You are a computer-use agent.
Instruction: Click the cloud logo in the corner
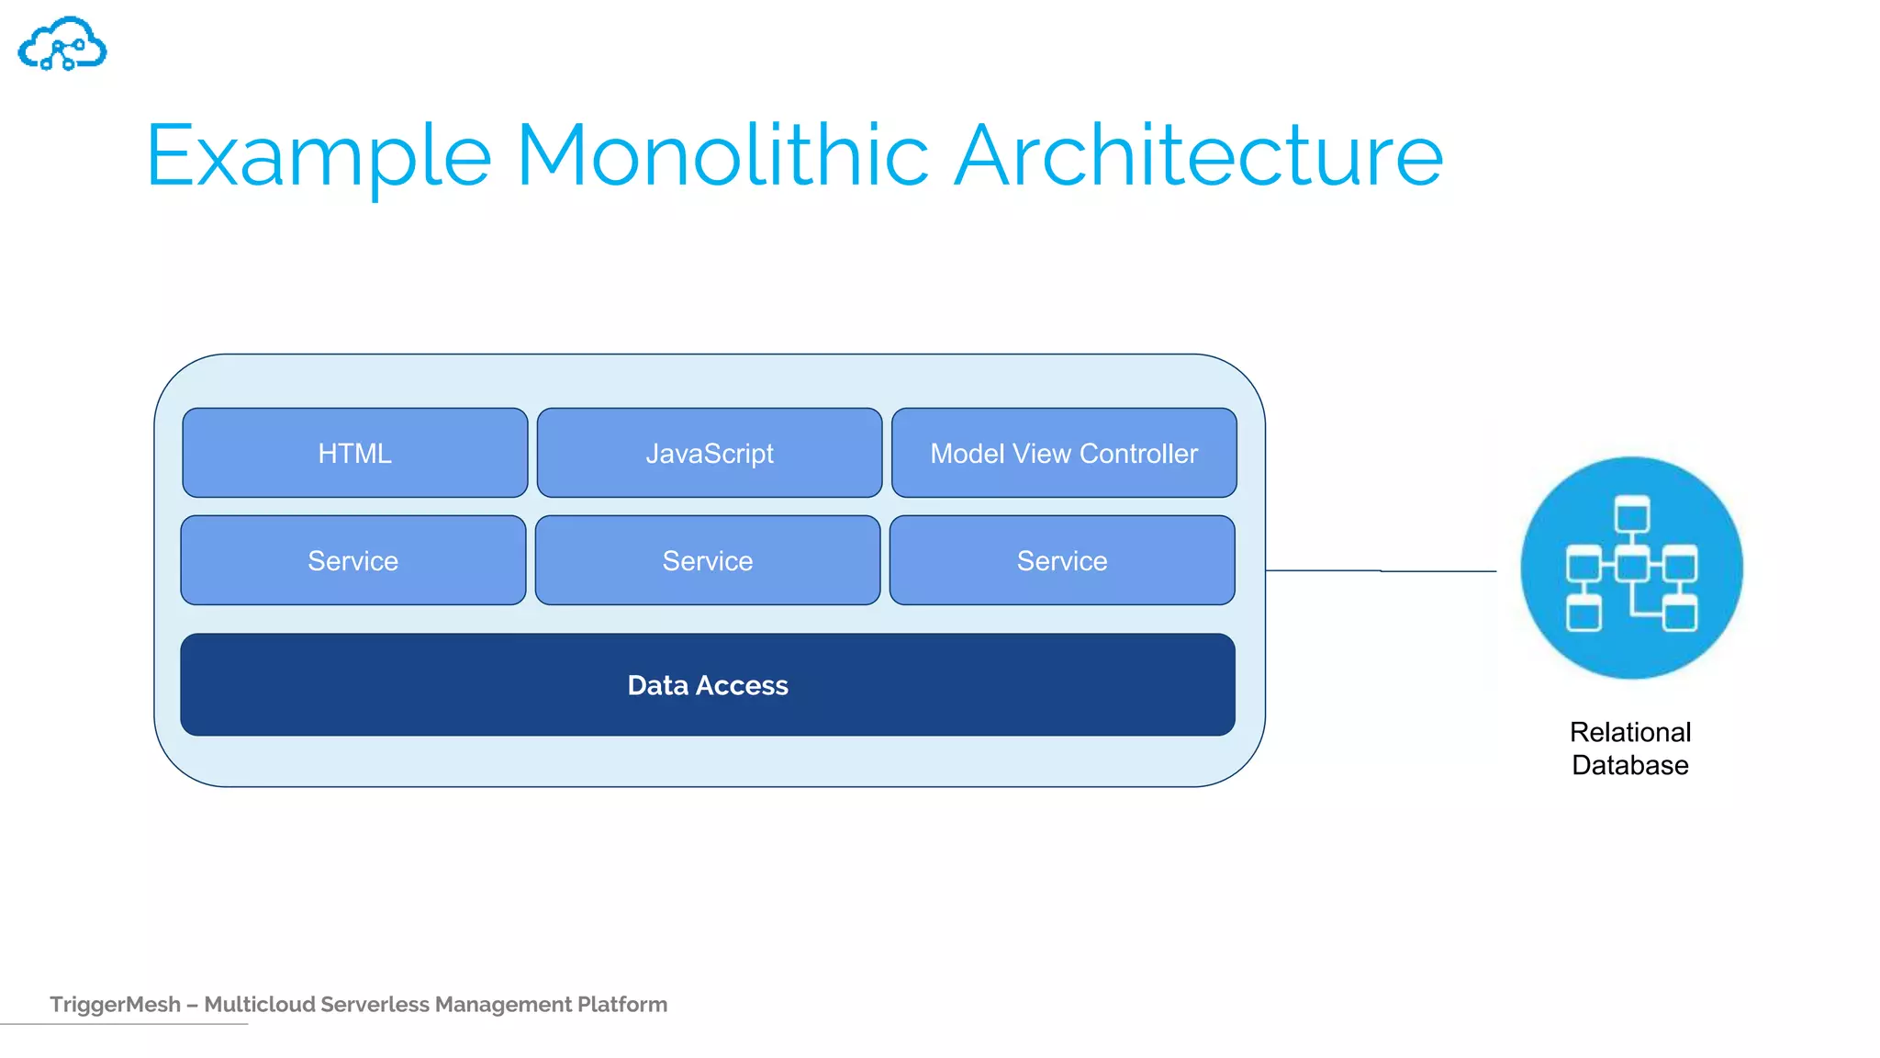click(62, 44)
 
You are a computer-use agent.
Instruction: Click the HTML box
click(354, 453)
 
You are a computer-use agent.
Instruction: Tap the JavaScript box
click(709, 453)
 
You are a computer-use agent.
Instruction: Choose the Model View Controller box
click(1063, 453)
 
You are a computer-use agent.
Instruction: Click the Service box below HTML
click(352, 560)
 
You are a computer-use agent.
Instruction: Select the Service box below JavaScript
click(707, 560)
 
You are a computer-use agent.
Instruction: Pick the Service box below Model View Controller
click(1062, 560)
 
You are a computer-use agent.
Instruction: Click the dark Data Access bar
click(459, 685)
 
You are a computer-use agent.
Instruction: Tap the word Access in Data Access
click(742, 685)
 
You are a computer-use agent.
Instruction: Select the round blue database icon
click(1631, 568)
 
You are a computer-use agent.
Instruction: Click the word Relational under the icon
click(1629, 732)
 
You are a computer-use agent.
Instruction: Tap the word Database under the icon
click(1629, 765)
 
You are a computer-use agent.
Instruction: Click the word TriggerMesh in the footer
click(115, 1004)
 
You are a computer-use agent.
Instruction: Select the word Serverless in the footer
click(375, 1004)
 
